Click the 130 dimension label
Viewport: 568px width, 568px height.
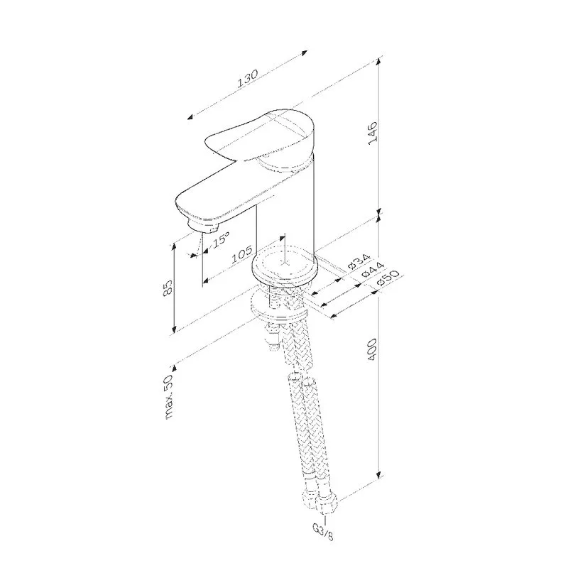click(247, 79)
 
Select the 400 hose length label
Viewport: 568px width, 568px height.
click(372, 349)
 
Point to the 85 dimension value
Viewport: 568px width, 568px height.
click(168, 289)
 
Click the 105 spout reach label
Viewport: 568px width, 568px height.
click(242, 254)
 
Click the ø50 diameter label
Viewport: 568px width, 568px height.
click(387, 278)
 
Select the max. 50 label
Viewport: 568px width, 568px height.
click(169, 397)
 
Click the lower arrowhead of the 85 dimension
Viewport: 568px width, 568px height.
click(174, 328)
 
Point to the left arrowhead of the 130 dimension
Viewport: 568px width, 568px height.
click(190, 116)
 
